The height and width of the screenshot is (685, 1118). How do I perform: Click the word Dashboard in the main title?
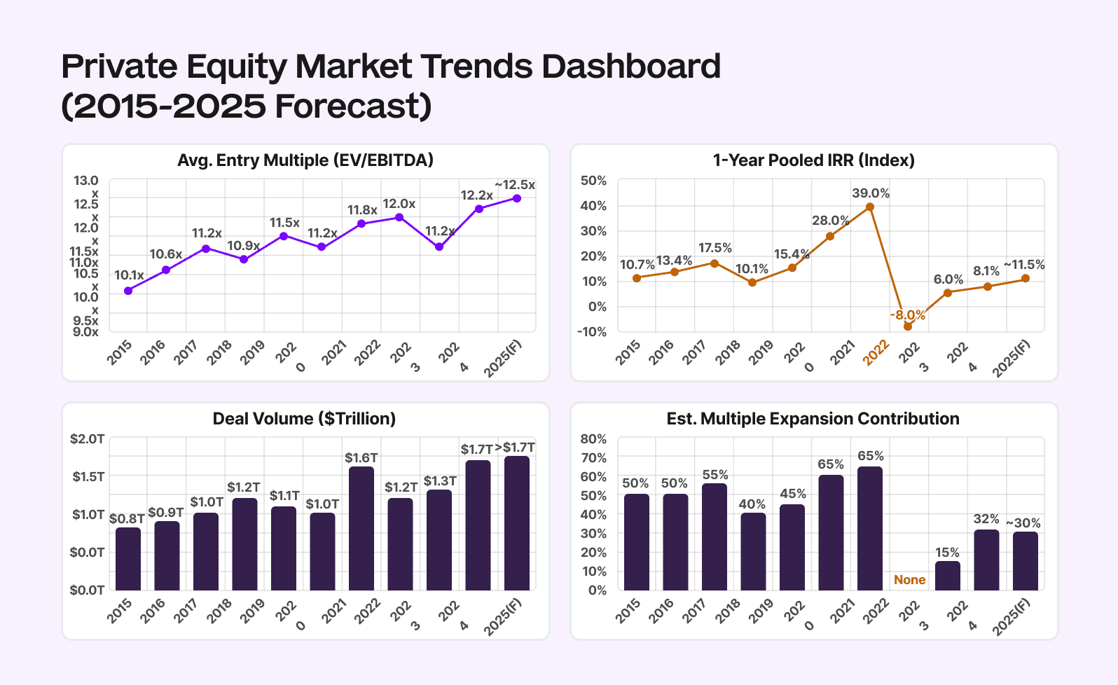pyautogui.click(x=631, y=67)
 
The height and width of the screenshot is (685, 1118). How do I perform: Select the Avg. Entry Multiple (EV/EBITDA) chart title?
pyautogui.click(x=305, y=160)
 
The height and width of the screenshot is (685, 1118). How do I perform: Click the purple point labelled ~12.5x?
pyautogui.click(x=517, y=198)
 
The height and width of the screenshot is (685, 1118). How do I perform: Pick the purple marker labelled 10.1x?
pyautogui.click(x=128, y=291)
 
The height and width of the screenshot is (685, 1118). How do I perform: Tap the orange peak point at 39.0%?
pyautogui.click(x=870, y=207)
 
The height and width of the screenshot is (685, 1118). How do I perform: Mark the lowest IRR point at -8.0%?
pyautogui.click(x=908, y=326)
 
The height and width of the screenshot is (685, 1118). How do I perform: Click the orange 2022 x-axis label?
pyautogui.click(x=876, y=352)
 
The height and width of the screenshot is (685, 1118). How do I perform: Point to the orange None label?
pyautogui.click(x=909, y=580)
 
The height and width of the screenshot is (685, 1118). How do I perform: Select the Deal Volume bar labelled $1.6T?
pyautogui.click(x=361, y=528)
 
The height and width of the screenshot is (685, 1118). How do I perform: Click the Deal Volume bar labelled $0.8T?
pyautogui.click(x=128, y=558)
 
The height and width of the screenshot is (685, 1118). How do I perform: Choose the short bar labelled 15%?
pyautogui.click(x=948, y=575)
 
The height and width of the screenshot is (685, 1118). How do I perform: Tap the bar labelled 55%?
pyautogui.click(x=715, y=537)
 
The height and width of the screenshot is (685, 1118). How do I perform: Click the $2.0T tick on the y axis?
pyautogui.click(x=88, y=439)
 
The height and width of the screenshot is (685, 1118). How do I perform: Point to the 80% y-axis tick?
pyautogui.click(x=593, y=439)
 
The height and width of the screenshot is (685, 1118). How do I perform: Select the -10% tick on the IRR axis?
pyautogui.click(x=592, y=332)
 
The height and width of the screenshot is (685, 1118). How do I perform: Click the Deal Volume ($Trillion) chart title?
pyautogui.click(x=304, y=419)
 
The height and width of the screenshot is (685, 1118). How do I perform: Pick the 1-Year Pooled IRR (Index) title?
pyautogui.click(x=814, y=160)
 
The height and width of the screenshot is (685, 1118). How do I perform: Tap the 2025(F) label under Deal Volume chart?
pyautogui.click(x=503, y=616)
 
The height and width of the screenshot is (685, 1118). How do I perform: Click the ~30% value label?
pyautogui.click(x=1023, y=523)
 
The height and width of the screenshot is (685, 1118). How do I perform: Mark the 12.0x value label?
pyautogui.click(x=399, y=204)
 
